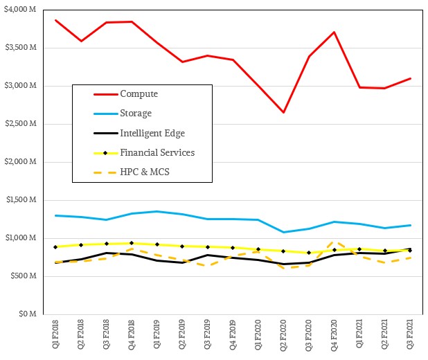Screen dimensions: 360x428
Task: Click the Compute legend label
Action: (139, 93)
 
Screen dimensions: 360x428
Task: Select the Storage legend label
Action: (136, 113)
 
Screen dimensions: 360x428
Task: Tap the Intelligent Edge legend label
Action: (152, 133)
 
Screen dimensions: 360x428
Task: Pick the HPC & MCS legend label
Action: (144, 172)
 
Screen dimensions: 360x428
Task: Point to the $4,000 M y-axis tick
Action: (23, 10)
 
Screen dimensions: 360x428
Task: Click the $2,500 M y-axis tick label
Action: (23, 124)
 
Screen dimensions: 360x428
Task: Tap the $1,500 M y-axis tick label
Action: (23, 200)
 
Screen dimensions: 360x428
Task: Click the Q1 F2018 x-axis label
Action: (55, 336)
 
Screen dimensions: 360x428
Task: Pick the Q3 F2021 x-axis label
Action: (409, 336)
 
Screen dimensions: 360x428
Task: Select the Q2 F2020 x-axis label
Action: (283, 336)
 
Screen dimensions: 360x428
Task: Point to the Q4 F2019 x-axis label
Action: (233, 336)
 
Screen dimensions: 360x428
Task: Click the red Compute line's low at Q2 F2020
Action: (283, 112)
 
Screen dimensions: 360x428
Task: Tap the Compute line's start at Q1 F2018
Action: (55, 20)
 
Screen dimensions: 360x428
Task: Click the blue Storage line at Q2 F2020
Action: (283, 232)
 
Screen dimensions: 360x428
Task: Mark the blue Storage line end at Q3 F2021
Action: (409, 225)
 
